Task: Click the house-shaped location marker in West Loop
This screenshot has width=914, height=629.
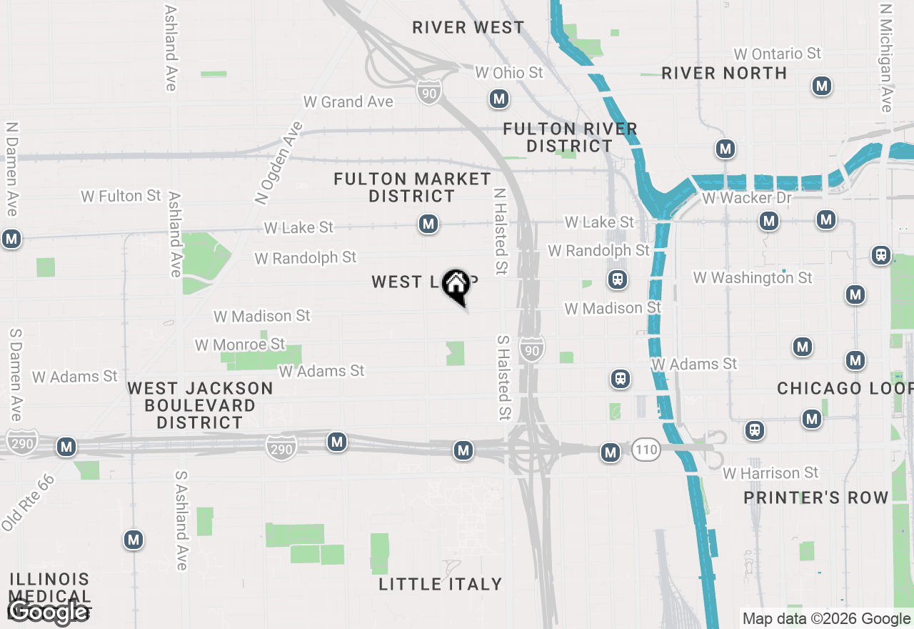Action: (x=456, y=286)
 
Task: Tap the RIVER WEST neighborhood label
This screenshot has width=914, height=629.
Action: (x=468, y=28)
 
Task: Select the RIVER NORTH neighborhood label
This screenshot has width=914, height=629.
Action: (x=724, y=73)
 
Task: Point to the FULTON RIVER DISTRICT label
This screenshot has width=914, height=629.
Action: (x=570, y=137)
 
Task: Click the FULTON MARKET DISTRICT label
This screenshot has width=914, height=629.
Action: (x=412, y=187)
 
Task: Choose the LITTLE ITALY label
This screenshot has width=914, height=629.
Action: (x=440, y=584)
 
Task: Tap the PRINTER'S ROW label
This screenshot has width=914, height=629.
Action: (x=816, y=497)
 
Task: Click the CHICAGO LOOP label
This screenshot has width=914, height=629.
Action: (x=845, y=388)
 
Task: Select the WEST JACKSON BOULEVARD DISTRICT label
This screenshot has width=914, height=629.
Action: (x=200, y=405)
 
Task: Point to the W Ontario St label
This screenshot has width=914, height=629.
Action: (x=778, y=54)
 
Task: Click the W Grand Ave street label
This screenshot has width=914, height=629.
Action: (x=348, y=101)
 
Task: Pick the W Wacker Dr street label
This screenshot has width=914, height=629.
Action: (x=747, y=197)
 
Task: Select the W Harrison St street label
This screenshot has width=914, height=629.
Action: (x=770, y=473)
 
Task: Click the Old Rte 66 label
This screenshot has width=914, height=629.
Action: (x=27, y=502)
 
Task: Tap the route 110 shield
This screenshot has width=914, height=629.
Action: (x=645, y=450)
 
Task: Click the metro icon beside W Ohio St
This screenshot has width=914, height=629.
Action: (x=498, y=99)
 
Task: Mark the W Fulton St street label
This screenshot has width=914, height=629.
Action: (x=121, y=195)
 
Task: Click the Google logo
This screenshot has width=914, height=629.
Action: (x=49, y=612)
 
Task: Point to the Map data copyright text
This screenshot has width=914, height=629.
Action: (x=826, y=619)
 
